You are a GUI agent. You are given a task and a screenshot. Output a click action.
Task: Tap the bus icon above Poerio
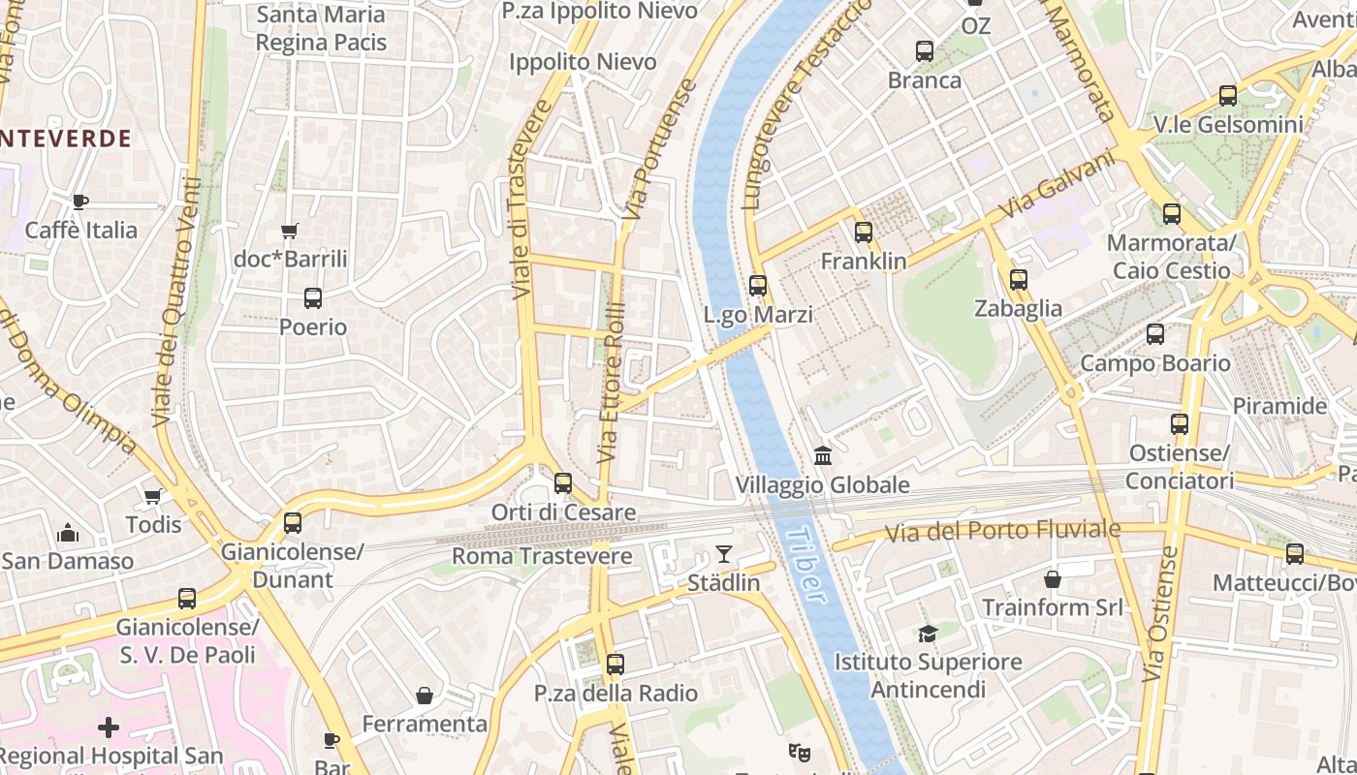pyautogui.click(x=313, y=298)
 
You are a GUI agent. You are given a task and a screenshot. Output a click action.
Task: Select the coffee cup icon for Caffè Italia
pyautogui.click(x=80, y=201)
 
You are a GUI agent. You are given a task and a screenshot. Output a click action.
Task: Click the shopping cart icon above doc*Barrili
pyautogui.click(x=289, y=231)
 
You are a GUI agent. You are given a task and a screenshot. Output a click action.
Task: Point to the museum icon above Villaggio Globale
pyautogui.click(x=823, y=455)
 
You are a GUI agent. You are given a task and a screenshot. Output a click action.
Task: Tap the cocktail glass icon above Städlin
pyautogui.click(x=723, y=554)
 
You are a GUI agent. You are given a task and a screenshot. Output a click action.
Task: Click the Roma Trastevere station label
pyautogui.click(x=542, y=556)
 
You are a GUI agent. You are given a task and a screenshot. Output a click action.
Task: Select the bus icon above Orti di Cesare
pyautogui.click(x=563, y=482)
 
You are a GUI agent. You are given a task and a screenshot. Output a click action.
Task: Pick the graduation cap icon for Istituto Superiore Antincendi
pyautogui.click(x=928, y=634)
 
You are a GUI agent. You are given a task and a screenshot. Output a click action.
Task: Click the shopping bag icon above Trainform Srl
pyautogui.click(x=1053, y=579)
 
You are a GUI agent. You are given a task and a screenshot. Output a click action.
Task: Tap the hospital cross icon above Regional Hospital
pyautogui.click(x=109, y=727)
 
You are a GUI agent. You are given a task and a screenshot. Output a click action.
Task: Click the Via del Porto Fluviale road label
pyautogui.click(x=1004, y=531)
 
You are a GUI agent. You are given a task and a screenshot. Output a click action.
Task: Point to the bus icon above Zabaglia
pyautogui.click(x=1018, y=280)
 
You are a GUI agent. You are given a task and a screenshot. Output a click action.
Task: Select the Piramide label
pyautogui.click(x=1279, y=406)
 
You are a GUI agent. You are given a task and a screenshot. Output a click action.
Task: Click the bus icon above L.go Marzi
pyautogui.click(x=758, y=286)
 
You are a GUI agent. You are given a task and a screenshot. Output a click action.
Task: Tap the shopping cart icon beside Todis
pyautogui.click(x=152, y=496)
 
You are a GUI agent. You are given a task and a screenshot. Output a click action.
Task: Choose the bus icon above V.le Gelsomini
pyautogui.click(x=1228, y=96)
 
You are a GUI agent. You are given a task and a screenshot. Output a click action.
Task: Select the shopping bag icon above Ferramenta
pyautogui.click(x=424, y=695)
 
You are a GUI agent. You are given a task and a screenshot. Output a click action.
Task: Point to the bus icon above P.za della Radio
pyautogui.click(x=615, y=665)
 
